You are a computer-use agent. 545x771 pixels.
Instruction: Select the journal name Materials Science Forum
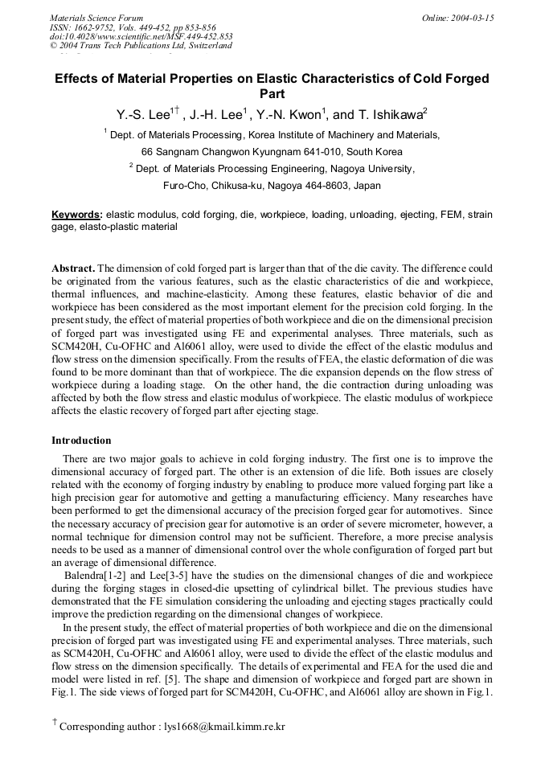point(96,17)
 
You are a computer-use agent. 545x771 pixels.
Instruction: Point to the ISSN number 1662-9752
point(94,27)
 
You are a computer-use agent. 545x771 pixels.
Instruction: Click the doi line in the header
point(141,36)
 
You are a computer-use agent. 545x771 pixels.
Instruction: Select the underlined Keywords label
point(76,215)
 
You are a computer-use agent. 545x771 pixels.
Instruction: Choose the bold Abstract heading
point(74,267)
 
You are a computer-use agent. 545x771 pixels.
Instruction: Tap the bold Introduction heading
point(81,441)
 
